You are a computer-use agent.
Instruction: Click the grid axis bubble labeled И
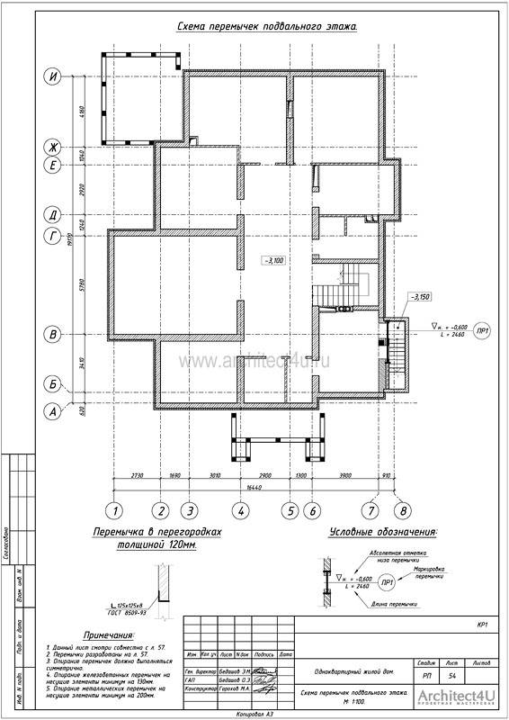pos(54,76)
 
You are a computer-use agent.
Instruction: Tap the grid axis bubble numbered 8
pos(403,509)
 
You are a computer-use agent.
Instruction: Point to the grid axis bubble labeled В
pos(54,334)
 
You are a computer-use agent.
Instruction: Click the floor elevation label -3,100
pos(273,260)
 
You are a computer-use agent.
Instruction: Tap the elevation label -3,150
pos(420,296)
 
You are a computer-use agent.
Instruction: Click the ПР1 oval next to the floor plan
pos(482,329)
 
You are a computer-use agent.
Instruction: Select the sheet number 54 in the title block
pos(451,674)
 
